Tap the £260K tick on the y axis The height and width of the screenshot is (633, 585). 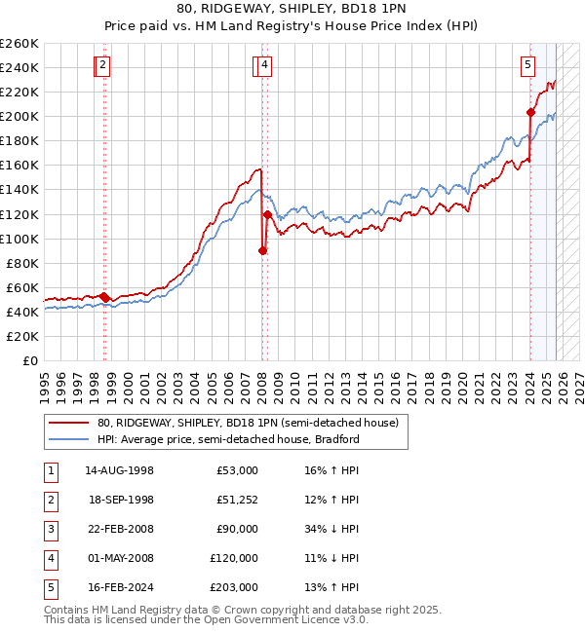tap(19, 44)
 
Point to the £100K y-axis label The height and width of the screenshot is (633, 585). tap(19, 239)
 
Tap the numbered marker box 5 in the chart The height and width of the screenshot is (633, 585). tap(527, 66)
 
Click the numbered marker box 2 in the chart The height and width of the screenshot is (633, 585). tap(102, 66)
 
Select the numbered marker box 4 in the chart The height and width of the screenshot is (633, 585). tap(264, 66)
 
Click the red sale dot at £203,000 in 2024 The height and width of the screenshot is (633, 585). tap(531, 112)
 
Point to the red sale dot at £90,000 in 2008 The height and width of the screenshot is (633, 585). tap(262, 250)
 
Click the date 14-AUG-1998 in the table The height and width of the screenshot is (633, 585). tap(119, 470)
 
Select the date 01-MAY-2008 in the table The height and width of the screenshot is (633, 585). tap(119, 558)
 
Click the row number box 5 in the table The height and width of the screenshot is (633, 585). tap(50, 587)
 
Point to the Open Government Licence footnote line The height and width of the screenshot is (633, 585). tap(207, 619)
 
